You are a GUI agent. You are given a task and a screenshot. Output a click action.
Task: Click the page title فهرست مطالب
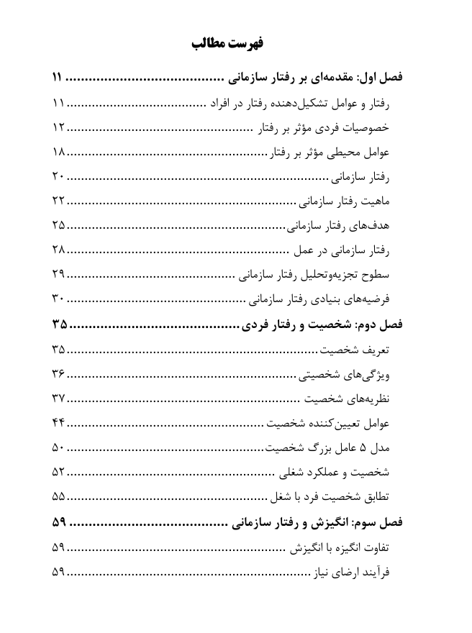(228, 44)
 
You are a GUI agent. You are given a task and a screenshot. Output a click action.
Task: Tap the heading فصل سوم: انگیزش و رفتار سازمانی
(317, 522)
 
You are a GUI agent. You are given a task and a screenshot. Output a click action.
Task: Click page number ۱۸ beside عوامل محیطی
(59, 152)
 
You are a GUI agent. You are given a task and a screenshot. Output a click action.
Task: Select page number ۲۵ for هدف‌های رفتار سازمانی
(59, 226)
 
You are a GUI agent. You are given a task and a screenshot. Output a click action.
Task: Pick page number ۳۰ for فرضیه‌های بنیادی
(59, 299)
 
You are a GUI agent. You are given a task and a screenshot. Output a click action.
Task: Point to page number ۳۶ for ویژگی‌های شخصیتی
(59, 375)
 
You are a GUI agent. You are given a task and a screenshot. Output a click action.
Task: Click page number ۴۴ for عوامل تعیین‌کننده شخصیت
(59, 424)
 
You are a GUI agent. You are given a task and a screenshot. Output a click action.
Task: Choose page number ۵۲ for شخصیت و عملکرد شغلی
(59, 473)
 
